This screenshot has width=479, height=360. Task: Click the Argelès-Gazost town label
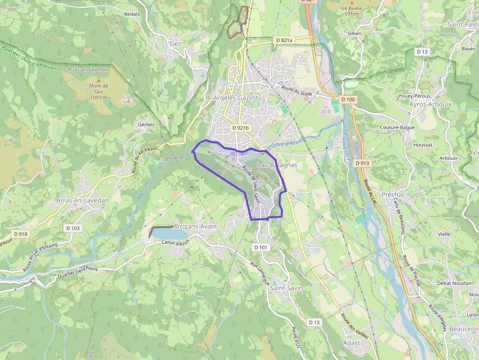pos(236,98)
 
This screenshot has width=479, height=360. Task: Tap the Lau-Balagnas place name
pos(277,165)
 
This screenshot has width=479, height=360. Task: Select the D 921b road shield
pos(240,128)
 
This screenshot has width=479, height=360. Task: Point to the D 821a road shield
pos(284,40)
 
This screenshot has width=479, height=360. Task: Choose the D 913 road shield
pos(363,163)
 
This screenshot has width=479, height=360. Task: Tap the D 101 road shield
pos(261,248)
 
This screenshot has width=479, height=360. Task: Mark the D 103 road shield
pos(72,228)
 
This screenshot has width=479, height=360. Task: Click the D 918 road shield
pos(21,234)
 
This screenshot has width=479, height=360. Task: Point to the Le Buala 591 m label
pos(351,11)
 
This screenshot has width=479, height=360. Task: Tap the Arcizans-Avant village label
pos(195,227)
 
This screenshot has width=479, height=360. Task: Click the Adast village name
pos(351,343)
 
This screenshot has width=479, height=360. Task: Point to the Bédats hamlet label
pos(132,14)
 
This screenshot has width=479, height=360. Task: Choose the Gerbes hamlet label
pos(146,125)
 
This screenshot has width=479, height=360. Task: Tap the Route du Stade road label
pos(297,90)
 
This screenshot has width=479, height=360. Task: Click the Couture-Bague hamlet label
pos(397,127)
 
